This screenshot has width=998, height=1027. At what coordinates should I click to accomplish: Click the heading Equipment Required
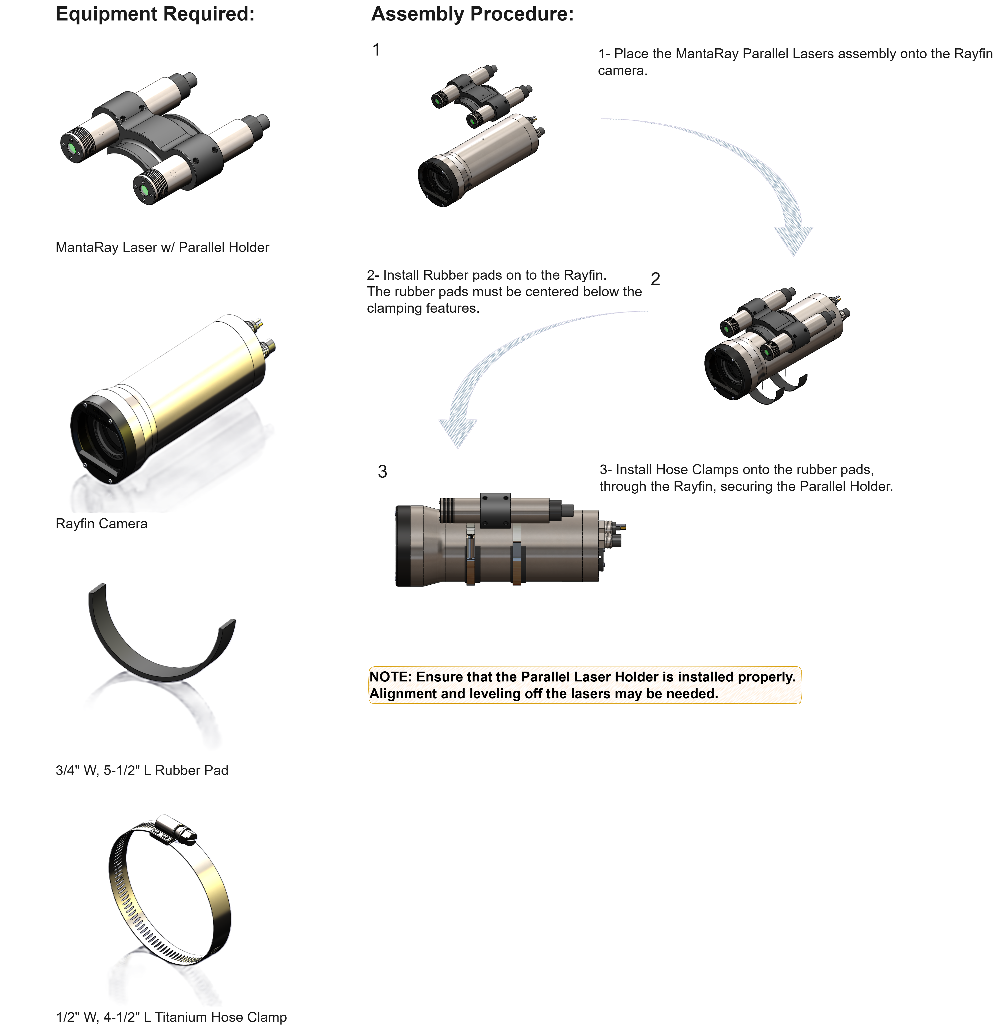coord(155,14)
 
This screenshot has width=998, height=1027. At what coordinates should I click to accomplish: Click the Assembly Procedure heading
coord(472,14)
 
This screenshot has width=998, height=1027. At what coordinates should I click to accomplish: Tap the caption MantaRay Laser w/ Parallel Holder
coord(162,247)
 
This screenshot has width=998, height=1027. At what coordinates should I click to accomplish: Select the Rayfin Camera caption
coord(101,523)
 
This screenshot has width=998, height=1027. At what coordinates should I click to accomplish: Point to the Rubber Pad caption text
coord(142,770)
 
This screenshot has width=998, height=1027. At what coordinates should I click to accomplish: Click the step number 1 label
coord(376,50)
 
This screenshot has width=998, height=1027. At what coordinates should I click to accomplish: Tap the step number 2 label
coord(655,279)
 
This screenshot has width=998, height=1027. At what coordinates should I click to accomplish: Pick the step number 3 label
coord(382,472)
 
